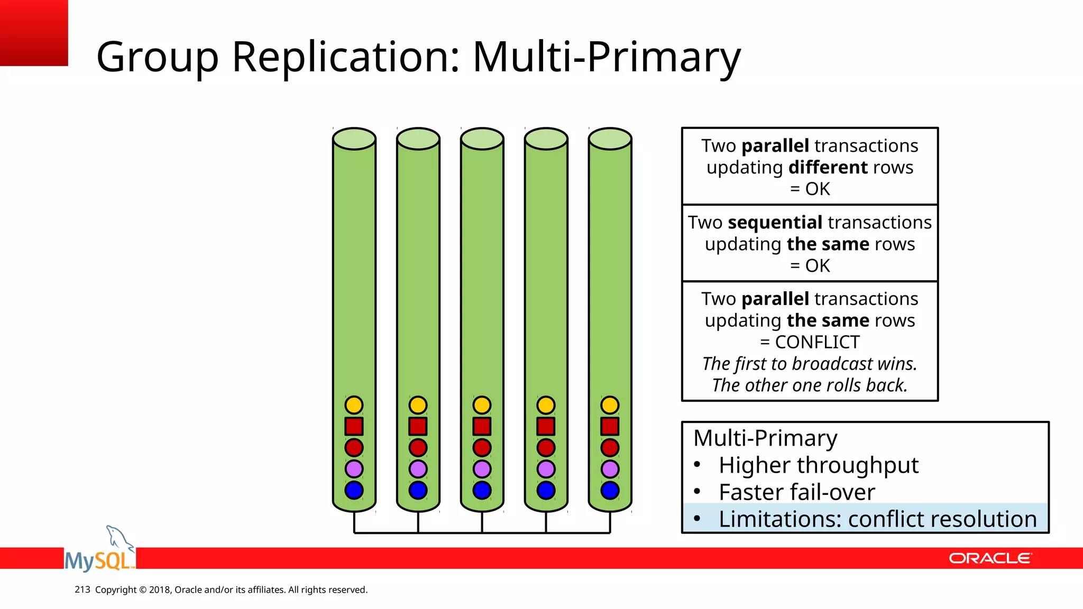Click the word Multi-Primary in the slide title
606,57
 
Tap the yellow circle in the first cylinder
354,405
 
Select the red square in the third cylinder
482,426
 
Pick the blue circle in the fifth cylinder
610,490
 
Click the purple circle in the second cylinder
418,469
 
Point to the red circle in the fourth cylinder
546,448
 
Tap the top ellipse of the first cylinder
354,139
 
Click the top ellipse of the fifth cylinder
610,139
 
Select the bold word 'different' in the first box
828,168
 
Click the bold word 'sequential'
775,223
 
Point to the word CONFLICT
817,342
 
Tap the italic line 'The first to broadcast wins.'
810,364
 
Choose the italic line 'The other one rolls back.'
810,385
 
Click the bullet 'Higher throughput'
818,465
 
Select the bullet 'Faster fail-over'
796,492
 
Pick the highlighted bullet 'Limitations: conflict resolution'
877,519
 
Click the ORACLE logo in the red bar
989,558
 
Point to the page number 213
82,589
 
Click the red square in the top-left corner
34,33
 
